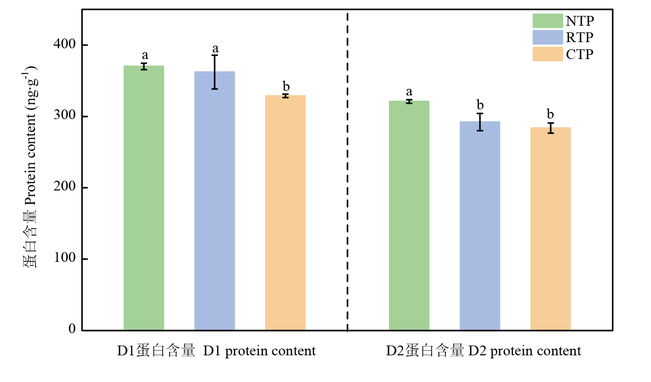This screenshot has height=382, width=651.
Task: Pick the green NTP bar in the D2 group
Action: (x=409, y=215)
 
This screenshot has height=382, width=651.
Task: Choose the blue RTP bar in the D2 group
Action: (x=480, y=225)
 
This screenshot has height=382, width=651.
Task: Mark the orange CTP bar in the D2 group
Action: (x=550, y=228)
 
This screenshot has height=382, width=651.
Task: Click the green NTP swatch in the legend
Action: (x=548, y=21)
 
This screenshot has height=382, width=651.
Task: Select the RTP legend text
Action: (x=580, y=37)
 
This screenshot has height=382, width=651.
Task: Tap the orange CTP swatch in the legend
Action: (x=548, y=54)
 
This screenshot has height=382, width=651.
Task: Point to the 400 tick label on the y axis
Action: (x=64, y=45)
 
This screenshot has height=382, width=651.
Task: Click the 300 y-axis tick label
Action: (x=64, y=117)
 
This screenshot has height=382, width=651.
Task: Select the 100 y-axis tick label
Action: (x=64, y=259)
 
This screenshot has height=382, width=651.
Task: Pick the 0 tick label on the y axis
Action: (x=72, y=330)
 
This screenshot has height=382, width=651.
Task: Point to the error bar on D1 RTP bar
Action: (x=215, y=72)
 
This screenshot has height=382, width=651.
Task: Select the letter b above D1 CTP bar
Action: (x=286, y=86)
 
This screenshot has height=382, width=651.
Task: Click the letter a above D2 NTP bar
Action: (x=409, y=92)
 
